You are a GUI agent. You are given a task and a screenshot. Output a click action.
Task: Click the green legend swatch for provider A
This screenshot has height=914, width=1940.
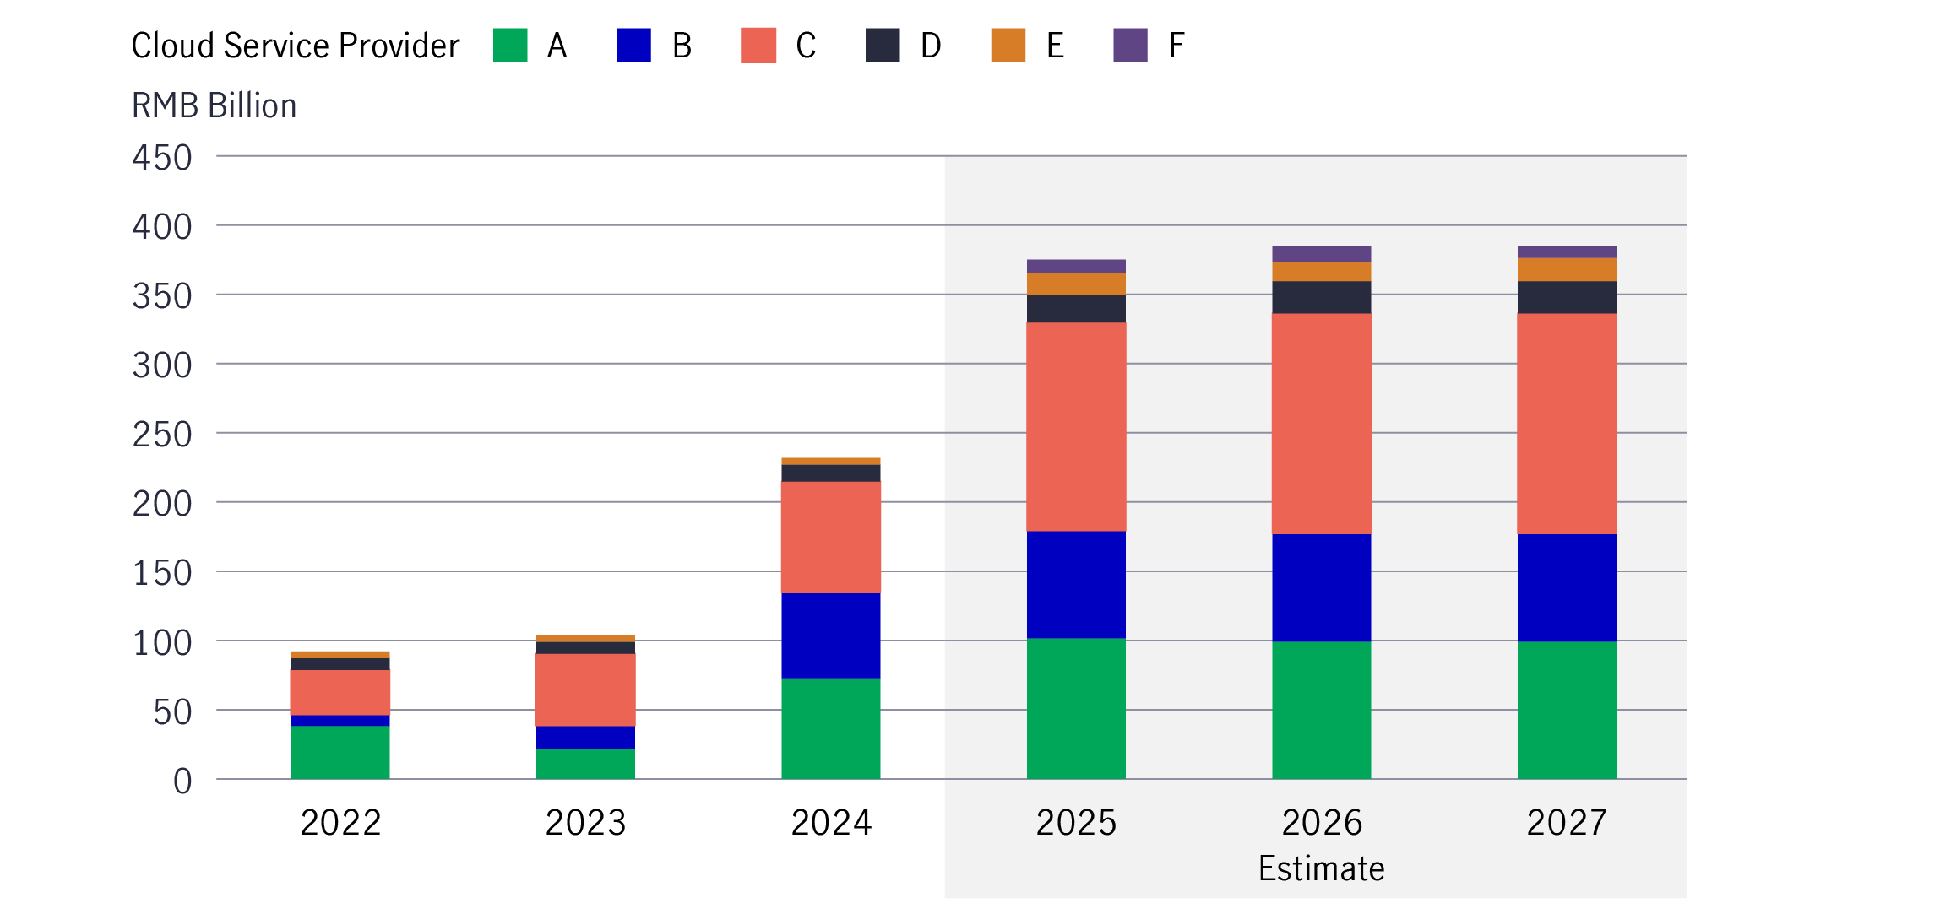click(x=510, y=46)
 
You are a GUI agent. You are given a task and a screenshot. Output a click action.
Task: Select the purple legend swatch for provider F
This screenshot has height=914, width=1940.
click(x=1130, y=46)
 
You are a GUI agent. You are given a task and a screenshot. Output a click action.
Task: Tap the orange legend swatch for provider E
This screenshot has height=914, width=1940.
click(x=1008, y=46)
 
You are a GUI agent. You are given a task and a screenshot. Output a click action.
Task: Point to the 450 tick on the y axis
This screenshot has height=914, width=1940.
click(x=162, y=158)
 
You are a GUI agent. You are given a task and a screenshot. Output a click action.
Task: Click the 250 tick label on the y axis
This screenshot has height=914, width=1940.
click(x=162, y=435)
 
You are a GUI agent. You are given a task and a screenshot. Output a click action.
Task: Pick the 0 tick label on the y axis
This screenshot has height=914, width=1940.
click(x=182, y=781)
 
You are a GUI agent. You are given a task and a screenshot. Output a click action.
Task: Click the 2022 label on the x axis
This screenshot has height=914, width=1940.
click(x=340, y=823)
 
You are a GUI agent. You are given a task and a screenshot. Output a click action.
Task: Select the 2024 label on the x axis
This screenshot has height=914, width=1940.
click(x=831, y=823)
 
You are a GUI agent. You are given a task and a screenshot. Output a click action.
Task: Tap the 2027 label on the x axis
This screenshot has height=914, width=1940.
click(x=1567, y=823)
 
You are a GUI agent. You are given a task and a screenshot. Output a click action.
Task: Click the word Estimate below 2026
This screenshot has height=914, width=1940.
click(x=1321, y=868)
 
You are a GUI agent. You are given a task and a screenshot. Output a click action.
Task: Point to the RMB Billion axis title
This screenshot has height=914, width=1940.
click(x=214, y=105)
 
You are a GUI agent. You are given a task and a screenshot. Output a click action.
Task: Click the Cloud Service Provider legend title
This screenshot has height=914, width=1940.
click(x=295, y=46)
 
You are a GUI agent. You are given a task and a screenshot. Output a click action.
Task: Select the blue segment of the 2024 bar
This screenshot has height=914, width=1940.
click(x=831, y=635)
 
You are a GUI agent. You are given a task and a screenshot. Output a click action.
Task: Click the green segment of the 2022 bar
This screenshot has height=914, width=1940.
click(x=340, y=752)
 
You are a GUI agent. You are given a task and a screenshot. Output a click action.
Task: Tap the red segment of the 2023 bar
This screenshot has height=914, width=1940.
click(x=585, y=690)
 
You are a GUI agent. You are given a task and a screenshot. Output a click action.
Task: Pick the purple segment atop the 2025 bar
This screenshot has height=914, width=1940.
click(x=1076, y=266)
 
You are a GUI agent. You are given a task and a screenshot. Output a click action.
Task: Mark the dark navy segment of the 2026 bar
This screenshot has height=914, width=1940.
click(x=1321, y=297)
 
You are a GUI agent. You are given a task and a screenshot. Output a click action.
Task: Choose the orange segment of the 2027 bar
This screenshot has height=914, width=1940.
click(x=1567, y=269)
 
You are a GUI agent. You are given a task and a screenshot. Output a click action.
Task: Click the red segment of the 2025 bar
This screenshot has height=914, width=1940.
click(x=1076, y=426)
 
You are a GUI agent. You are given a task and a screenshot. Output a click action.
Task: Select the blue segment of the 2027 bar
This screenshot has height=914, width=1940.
click(x=1567, y=587)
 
